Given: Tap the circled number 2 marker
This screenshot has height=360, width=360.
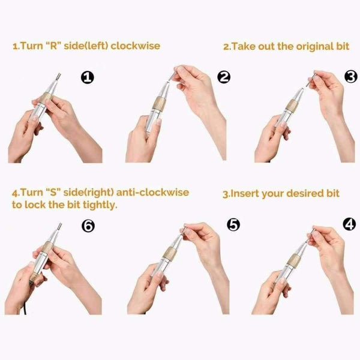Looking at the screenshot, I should point(224,77).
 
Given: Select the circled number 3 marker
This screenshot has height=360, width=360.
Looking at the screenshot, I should point(352,77).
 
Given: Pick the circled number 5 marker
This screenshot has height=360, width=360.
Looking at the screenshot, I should point(233,224).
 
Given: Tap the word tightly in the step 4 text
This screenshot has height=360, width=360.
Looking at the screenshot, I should point(96,204).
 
